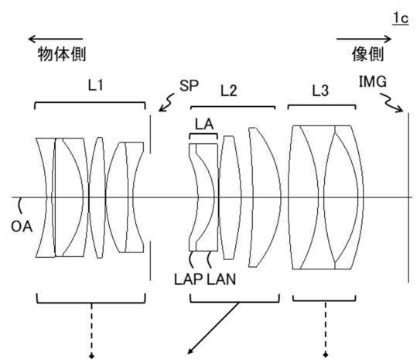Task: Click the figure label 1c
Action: tap(401, 19)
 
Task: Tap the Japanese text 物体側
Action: tap(62, 54)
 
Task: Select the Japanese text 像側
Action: tap(367, 54)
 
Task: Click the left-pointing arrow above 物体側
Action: tap(56, 39)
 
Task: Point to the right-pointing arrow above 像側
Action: tap(364, 39)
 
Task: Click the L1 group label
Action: tap(96, 85)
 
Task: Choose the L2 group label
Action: tap(228, 91)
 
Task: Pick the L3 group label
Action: tap(320, 91)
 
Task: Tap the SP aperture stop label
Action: tap(189, 85)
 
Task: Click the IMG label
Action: tap(373, 81)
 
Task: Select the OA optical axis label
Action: tap(22, 227)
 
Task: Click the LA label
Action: tap(204, 125)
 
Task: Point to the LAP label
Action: tap(188, 279)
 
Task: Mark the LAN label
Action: tap(221, 279)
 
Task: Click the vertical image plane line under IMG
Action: tap(408, 197)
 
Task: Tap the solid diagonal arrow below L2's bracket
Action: tap(213, 327)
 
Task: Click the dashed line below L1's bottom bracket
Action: tap(91, 331)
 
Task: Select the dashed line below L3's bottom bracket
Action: tap(326, 329)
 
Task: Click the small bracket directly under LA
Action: tap(203, 134)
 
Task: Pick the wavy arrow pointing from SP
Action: tap(166, 102)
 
